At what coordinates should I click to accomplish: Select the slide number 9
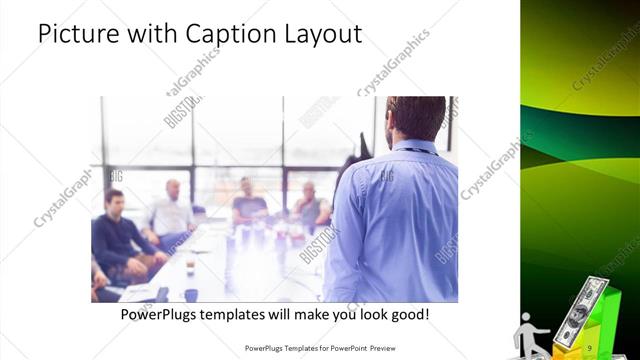[x=591, y=347]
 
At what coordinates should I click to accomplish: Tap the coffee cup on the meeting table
[x=191, y=294]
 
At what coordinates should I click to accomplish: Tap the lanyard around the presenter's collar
[x=409, y=151]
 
